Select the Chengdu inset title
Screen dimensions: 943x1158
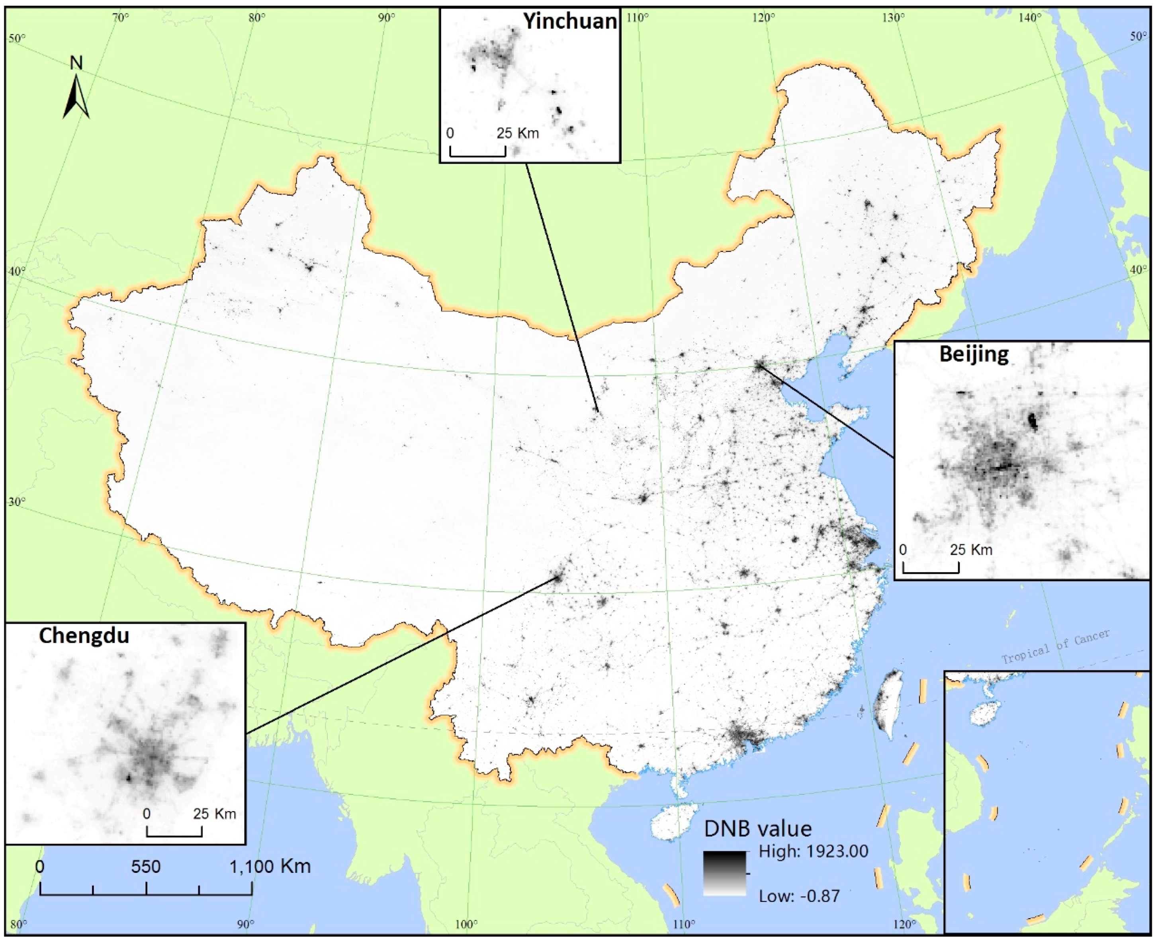(84, 636)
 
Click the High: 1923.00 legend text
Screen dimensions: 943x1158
(813, 851)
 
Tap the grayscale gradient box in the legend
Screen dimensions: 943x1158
(725, 873)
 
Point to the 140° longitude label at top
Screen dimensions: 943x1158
(1029, 18)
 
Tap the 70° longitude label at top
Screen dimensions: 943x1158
(121, 18)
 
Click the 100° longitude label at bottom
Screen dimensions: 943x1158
(466, 924)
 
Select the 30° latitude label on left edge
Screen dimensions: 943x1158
(16, 501)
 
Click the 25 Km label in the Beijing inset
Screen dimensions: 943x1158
(971, 550)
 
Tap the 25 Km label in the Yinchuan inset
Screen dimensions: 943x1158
(518, 133)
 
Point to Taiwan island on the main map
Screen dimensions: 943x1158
(886, 703)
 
